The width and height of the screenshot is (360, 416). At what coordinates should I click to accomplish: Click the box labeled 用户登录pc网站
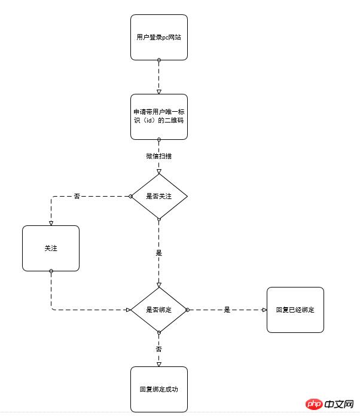coord(159,38)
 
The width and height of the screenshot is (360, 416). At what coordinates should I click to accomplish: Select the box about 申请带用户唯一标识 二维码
coord(159,117)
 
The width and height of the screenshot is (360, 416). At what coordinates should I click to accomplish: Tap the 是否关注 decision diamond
coord(159,196)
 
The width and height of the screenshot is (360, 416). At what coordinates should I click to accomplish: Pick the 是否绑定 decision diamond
coord(159,310)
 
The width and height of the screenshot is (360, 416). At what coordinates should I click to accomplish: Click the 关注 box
coord(51,248)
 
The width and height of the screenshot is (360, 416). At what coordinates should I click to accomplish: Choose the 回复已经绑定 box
coord(295,310)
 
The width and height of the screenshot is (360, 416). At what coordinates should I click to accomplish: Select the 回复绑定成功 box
coord(159,389)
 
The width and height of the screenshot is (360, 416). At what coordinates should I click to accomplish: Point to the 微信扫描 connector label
coord(158,156)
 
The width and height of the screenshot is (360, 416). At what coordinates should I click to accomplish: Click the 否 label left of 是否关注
coord(77,196)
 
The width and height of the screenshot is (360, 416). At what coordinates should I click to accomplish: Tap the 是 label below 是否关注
coord(158,253)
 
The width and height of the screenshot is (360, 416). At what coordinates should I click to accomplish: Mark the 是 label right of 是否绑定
coord(227,310)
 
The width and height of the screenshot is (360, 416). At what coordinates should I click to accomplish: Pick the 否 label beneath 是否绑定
coord(158,349)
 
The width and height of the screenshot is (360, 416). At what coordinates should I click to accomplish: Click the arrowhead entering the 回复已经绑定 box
coord(264,310)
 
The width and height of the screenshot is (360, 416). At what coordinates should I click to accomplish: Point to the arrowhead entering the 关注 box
coord(51,224)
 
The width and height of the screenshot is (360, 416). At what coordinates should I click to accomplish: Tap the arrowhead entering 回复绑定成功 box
coord(159,365)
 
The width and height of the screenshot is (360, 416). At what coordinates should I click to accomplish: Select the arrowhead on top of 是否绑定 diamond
coord(159,285)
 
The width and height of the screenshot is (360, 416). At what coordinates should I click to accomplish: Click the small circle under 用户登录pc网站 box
coord(159,60)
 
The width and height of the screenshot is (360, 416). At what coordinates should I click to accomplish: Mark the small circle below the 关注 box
coord(51,271)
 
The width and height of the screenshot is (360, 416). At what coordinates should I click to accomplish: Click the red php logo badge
coord(314,404)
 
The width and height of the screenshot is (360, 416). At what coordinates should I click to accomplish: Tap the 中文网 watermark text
coord(339,404)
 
